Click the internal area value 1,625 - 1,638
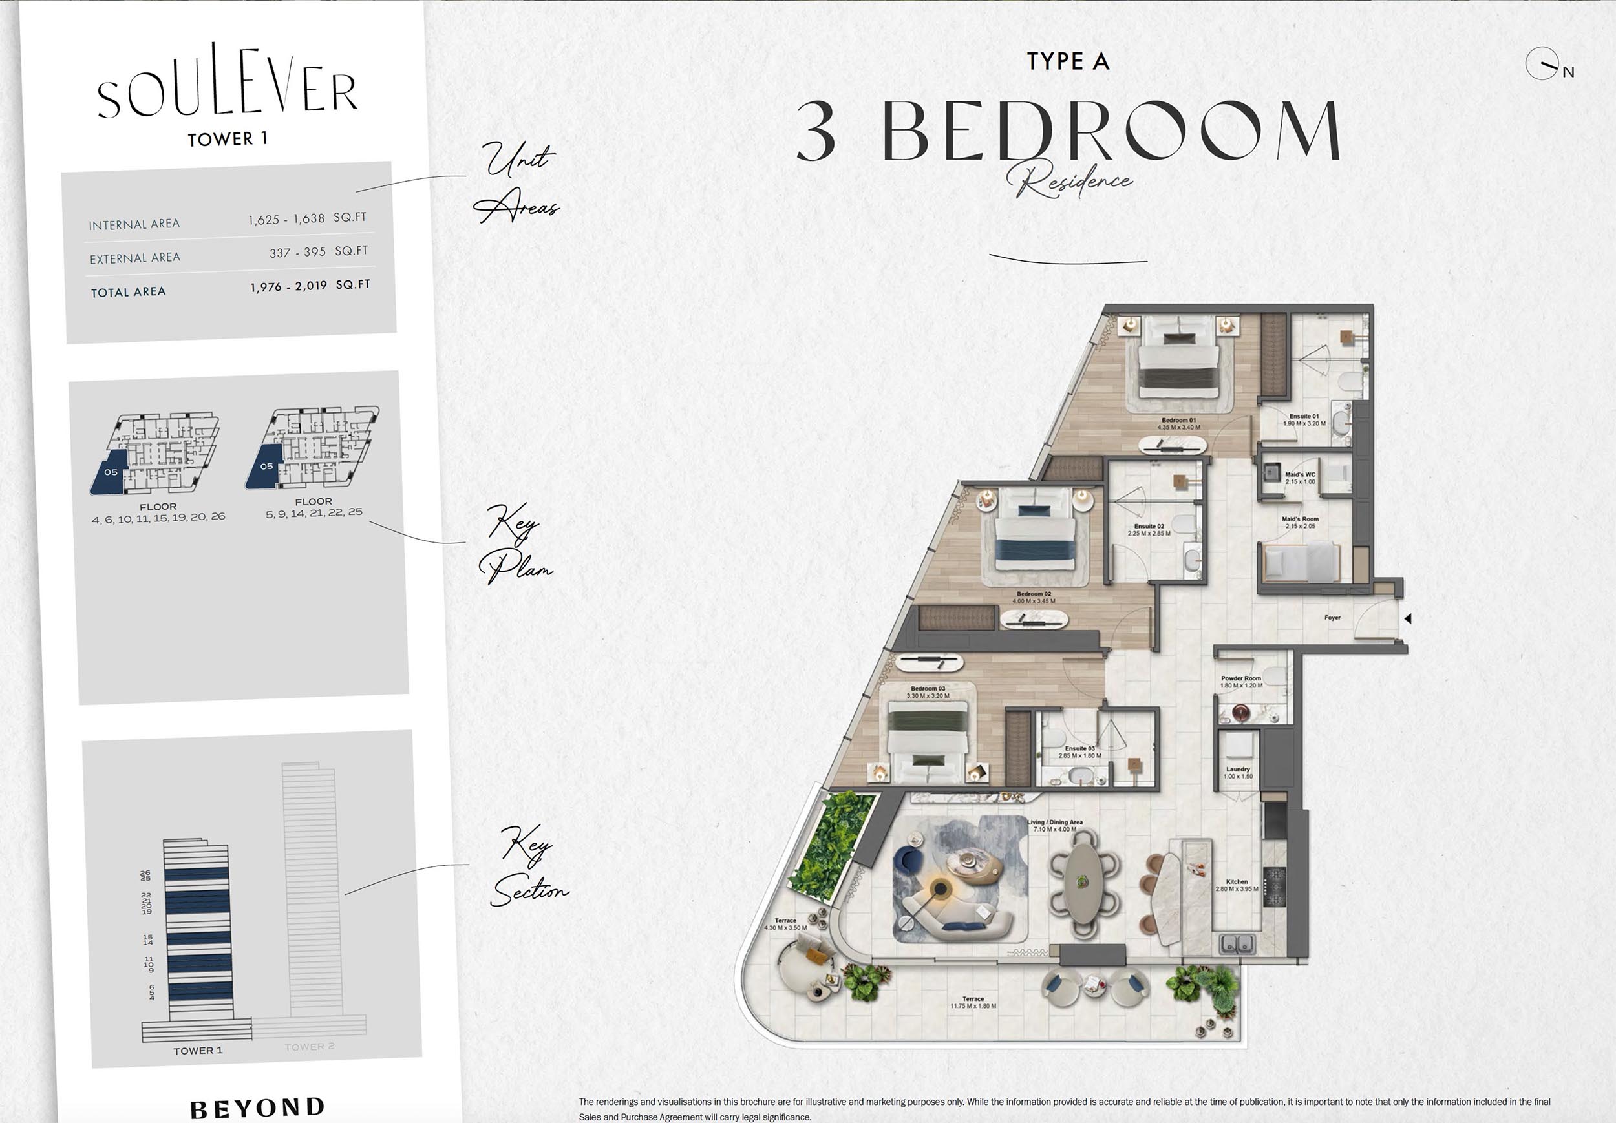click(x=286, y=220)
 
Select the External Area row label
click(x=135, y=258)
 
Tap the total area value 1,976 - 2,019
click(x=288, y=286)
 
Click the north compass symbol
click(x=1542, y=64)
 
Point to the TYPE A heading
click(x=1068, y=61)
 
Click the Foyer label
click(x=1332, y=618)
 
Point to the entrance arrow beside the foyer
click(x=1408, y=618)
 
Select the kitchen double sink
click(x=1237, y=943)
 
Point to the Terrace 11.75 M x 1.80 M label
click(x=973, y=1002)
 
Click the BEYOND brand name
click(x=258, y=1107)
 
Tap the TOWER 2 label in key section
click(x=309, y=1047)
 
